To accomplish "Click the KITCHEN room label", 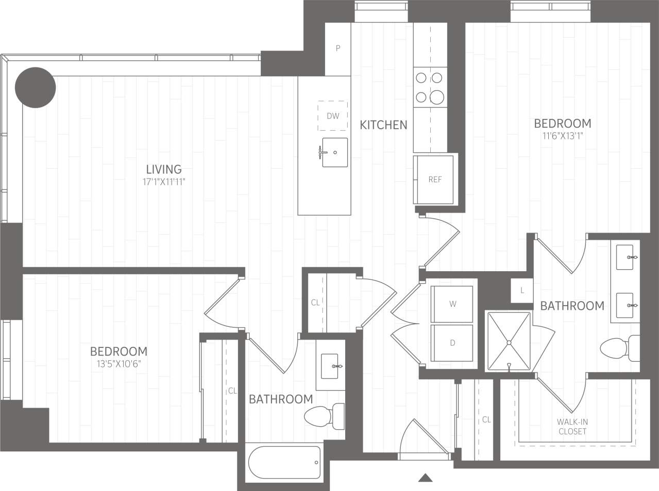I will (x=383, y=125).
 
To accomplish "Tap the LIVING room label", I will (x=164, y=169).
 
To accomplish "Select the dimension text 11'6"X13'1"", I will (x=562, y=136).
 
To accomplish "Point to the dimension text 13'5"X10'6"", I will (x=119, y=364).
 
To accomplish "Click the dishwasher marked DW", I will (x=333, y=116).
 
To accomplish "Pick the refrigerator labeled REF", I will (x=435, y=179).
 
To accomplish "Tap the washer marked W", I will (x=452, y=304).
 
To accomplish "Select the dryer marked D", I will (x=452, y=343).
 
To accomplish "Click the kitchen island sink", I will (x=334, y=152).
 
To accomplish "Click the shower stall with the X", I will (x=509, y=341).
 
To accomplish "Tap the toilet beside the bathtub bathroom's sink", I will (x=324, y=415).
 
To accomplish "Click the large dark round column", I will (x=35, y=87).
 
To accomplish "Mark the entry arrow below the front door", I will (x=425, y=478).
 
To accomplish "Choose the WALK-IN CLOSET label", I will (x=572, y=427).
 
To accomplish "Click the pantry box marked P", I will (x=338, y=49).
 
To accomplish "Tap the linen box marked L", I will (x=522, y=291).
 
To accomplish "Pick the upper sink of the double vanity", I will (x=626, y=257).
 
